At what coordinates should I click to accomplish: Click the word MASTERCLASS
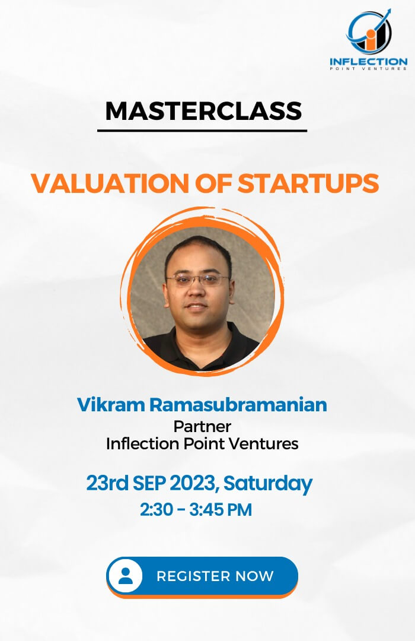pyautogui.click(x=203, y=111)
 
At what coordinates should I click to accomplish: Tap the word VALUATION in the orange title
pyautogui.click(x=110, y=183)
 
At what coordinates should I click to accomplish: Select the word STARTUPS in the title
pyautogui.click(x=308, y=183)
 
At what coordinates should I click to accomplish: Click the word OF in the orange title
pyautogui.click(x=213, y=183)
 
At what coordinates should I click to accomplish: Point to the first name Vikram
pyautogui.click(x=110, y=405)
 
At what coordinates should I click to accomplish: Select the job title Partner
pyautogui.click(x=202, y=426)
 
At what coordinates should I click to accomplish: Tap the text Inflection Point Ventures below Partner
pyautogui.click(x=202, y=443)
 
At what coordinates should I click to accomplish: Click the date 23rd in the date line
pyautogui.click(x=107, y=483)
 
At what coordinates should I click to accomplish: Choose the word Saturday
pyautogui.click(x=268, y=484)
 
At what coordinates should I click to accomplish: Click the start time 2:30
pyautogui.click(x=157, y=510)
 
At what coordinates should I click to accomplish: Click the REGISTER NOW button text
pyautogui.click(x=215, y=576)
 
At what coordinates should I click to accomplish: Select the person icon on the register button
pyautogui.click(x=126, y=576)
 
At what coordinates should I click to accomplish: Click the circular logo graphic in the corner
pyautogui.click(x=368, y=32)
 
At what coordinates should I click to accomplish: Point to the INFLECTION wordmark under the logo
pyautogui.click(x=368, y=62)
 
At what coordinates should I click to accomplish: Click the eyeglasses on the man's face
pyautogui.click(x=197, y=280)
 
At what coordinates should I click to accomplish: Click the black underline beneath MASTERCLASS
pyautogui.click(x=202, y=131)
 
